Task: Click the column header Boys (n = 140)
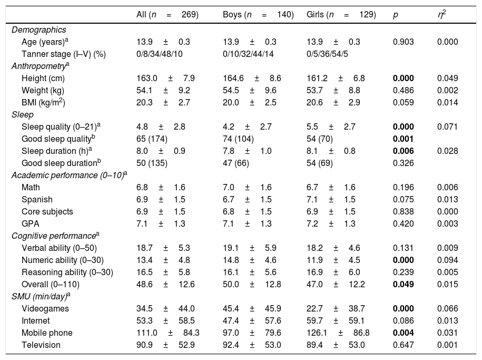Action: (258, 15)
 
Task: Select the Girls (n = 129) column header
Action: (341, 15)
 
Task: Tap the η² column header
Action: (441, 15)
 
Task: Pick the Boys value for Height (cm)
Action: (252, 78)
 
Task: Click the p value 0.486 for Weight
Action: (403, 90)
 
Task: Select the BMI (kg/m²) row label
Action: (43, 102)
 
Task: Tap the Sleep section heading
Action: (22, 114)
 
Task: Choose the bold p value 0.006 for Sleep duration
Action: (403, 151)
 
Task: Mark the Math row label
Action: (31, 187)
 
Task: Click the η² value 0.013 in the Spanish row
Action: (447, 199)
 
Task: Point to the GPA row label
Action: (30, 223)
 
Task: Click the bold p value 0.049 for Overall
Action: (403, 284)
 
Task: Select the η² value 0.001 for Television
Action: (447, 345)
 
